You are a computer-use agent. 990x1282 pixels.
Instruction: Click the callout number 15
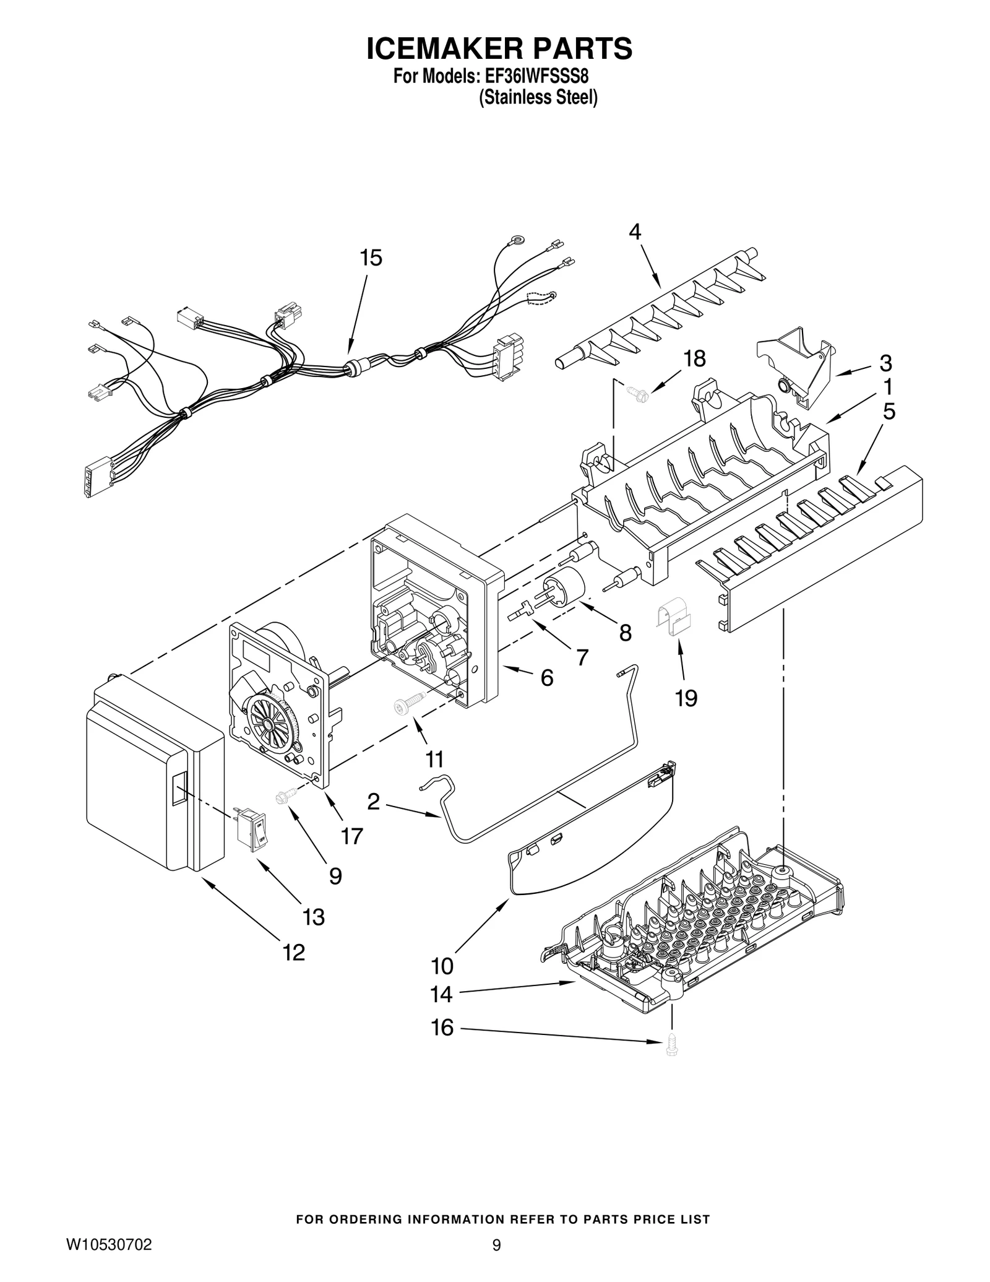click(x=371, y=258)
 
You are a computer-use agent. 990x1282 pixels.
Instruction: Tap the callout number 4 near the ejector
click(x=635, y=232)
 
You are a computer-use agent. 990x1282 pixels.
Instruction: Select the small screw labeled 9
click(x=286, y=797)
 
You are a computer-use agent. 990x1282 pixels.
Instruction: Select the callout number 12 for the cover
click(x=294, y=953)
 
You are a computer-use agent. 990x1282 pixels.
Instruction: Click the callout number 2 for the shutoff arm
click(x=373, y=802)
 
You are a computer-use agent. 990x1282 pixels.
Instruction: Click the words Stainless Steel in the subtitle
click(x=538, y=98)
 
